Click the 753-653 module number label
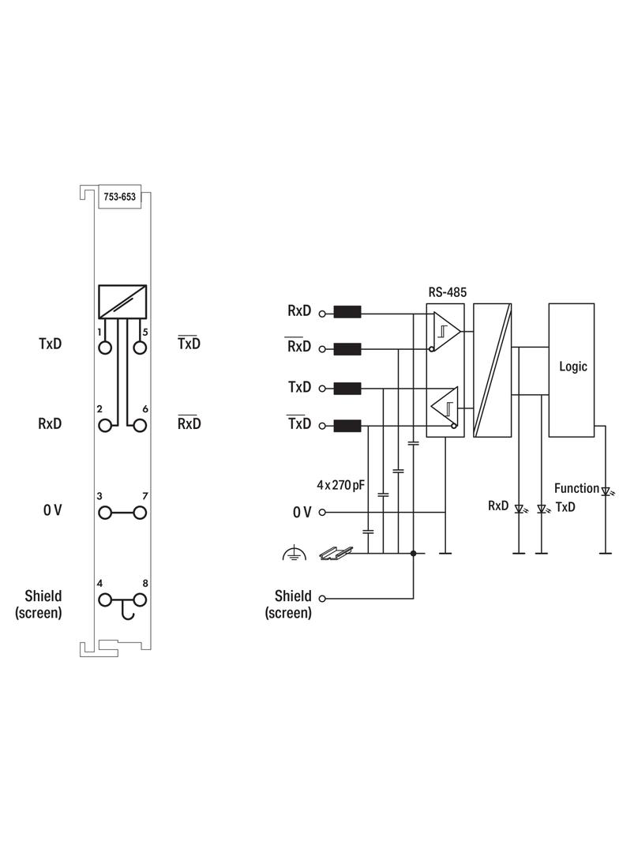[119, 198]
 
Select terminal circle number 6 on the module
[141, 425]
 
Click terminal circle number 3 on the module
[104, 513]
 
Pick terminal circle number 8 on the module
[141, 599]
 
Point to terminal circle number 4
[104, 599]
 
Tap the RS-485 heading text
[448, 292]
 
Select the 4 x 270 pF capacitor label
[340, 485]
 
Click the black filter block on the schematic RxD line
[347, 312]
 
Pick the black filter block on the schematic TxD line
[347, 388]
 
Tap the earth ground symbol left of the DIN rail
[293, 554]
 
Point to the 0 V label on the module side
[52, 511]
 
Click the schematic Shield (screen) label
[288, 604]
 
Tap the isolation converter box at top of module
[122, 301]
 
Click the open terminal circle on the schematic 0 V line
[322, 513]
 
